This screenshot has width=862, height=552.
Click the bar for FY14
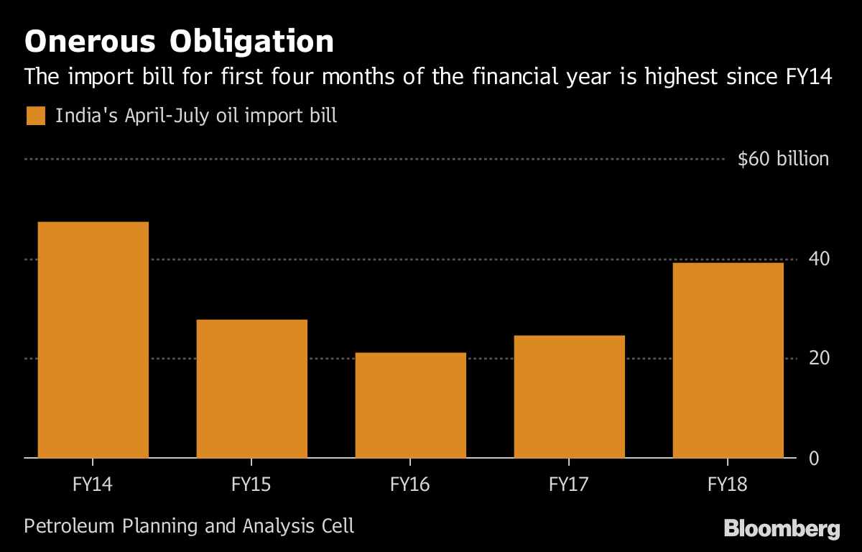click(93, 339)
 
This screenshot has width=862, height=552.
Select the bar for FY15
click(252, 388)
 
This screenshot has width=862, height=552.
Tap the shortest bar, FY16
click(411, 405)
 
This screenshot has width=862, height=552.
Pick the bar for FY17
click(569, 396)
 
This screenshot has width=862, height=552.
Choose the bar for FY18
click(728, 360)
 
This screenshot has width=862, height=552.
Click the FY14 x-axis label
click(93, 484)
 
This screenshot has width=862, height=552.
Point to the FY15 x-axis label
click(252, 484)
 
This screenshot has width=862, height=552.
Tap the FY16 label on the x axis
click(411, 484)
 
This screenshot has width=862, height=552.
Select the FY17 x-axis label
click(569, 484)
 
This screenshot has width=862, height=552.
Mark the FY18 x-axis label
click(728, 484)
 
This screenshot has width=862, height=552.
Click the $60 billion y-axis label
click(783, 159)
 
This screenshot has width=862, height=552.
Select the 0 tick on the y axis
click(814, 458)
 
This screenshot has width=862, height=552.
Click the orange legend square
click(36, 116)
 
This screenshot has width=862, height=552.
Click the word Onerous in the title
click(89, 42)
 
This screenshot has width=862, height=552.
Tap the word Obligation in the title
click(252, 42)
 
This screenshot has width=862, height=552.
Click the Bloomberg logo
click(782, 529)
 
